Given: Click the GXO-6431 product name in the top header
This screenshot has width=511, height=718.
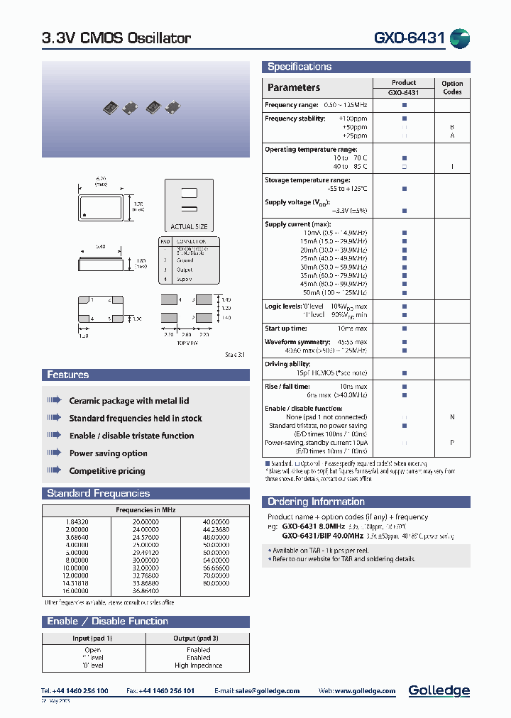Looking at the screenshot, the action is tap(410, 38).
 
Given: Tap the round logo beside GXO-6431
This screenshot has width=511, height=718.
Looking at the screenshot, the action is tap(460, 38).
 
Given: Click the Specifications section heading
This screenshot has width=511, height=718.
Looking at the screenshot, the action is tap(300, 67).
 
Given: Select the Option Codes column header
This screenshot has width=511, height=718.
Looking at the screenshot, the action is tap(452, 88).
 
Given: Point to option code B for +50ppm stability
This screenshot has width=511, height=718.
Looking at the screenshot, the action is tap(452, 127).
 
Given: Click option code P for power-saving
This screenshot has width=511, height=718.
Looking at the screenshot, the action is tap(452, 443).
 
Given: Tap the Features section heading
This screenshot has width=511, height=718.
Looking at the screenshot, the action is tap(68, 375).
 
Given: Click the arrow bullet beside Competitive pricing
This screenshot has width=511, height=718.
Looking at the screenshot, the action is tap(55, 470).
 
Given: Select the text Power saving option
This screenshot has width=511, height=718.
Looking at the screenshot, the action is tap(109, 453).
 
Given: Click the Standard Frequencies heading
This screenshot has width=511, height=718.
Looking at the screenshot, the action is tap(98, 493).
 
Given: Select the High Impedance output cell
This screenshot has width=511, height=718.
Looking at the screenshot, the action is tap(198, 665).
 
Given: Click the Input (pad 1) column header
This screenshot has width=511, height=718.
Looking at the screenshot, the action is tap(93, 639).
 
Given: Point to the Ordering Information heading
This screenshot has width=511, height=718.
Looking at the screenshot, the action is tap(316, 502).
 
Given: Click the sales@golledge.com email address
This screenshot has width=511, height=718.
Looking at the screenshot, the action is tap(268, 691).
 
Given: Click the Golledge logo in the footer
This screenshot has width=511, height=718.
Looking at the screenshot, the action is tap(439, 690).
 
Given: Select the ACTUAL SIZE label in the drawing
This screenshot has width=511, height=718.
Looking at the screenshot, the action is tap(189, 226).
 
